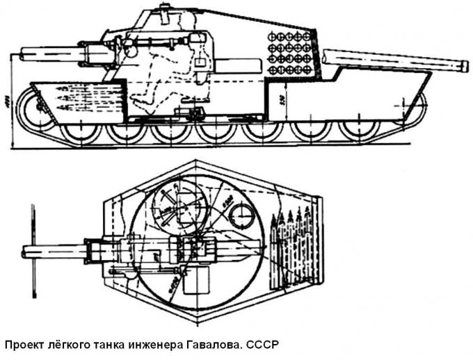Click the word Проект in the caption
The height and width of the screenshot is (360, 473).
26,345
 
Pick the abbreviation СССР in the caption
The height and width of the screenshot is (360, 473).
261,345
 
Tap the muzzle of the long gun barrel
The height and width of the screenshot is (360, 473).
464,64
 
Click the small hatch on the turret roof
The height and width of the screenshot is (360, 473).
164,10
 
